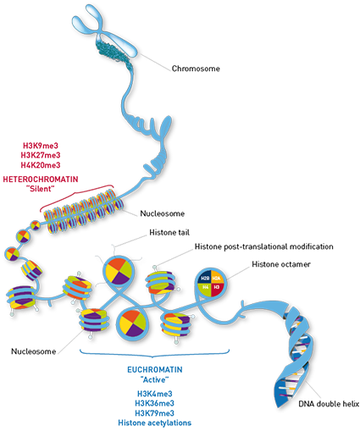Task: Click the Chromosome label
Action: pos(196,69)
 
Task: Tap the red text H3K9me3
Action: pos(41,146)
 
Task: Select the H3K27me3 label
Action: pos(41,155)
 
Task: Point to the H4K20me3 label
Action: pos(41,165)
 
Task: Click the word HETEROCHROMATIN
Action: pos(41,180)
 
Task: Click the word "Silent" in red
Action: pos(41,189)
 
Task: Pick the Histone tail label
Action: pos(169,233)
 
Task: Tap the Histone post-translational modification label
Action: pos(263,246)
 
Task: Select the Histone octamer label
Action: pos(281,264)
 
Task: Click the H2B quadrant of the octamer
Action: pos(205,279)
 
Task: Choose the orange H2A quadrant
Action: pos(216,279)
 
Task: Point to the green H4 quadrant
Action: pos(205,288)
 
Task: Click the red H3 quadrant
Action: pos(216,288)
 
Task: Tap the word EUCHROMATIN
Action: pos(155,370)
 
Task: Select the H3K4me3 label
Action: pos(155,394)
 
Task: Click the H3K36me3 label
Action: pos(155,403)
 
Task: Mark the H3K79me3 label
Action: pos(155,413)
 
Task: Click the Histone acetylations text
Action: pos(155,423)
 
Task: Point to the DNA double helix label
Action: pos(329,404)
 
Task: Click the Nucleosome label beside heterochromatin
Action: pos(163,213)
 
